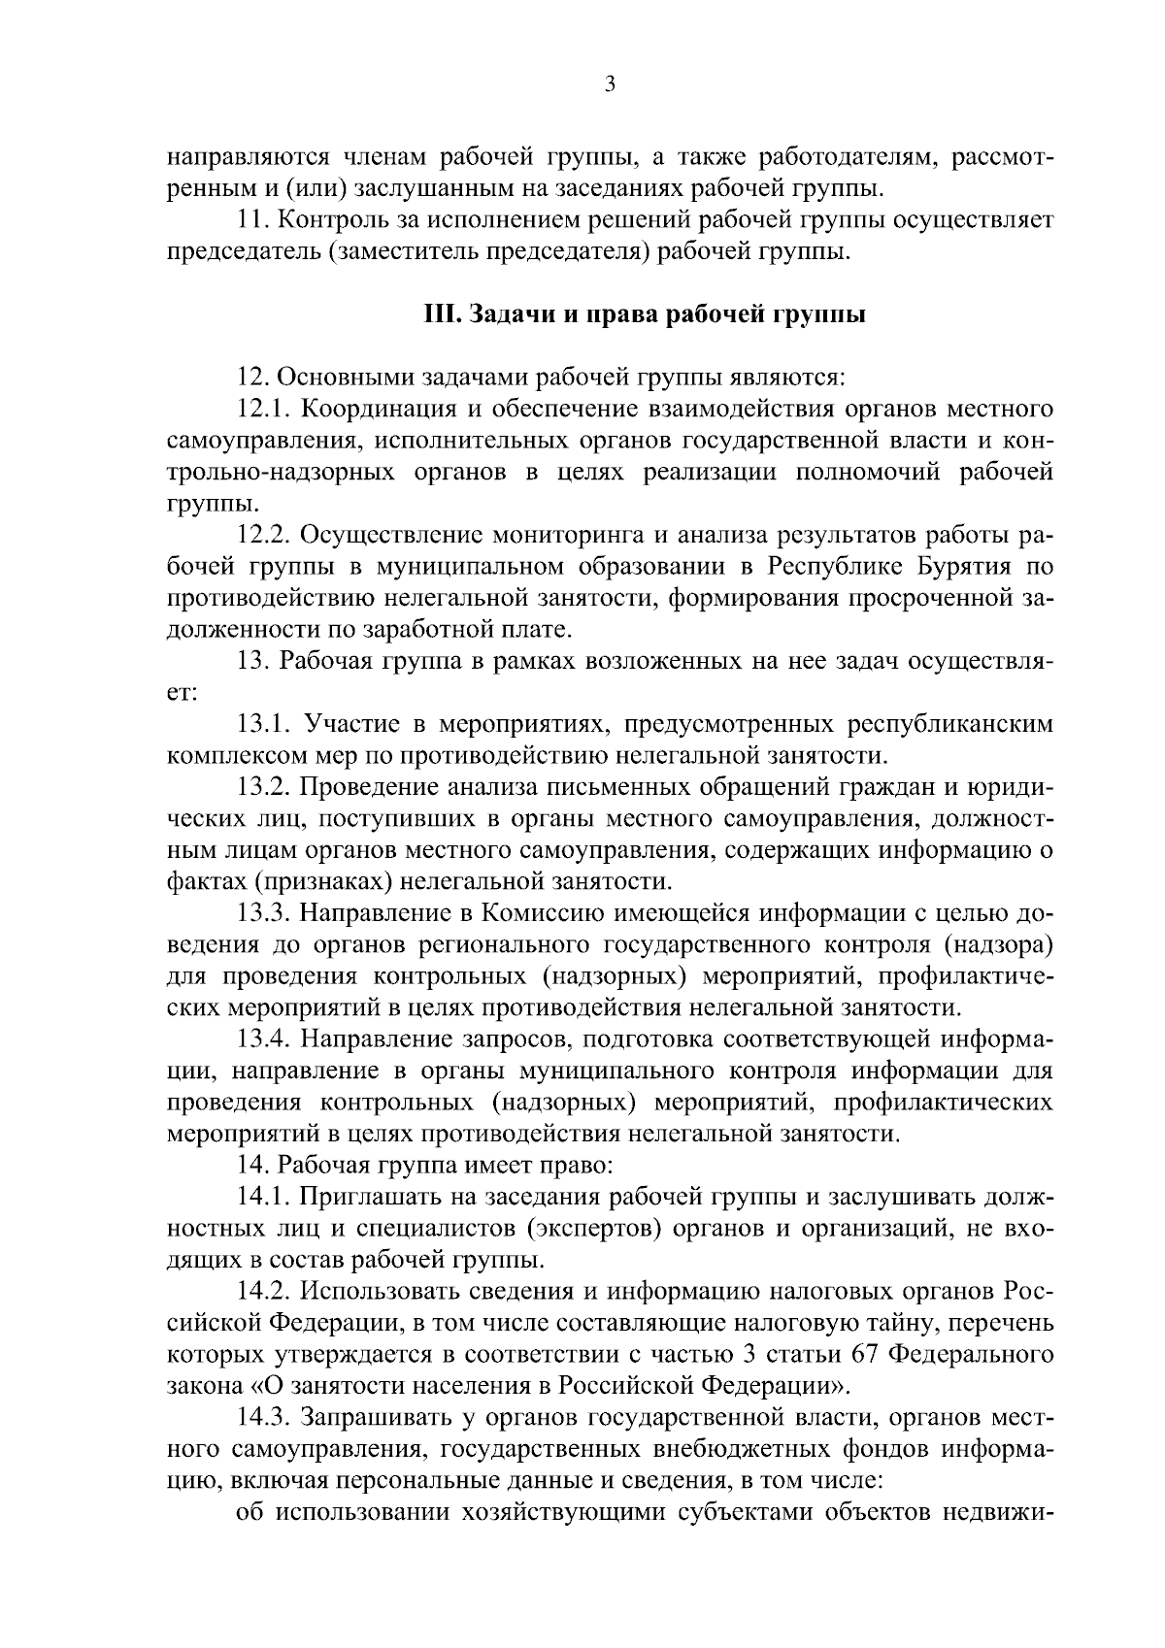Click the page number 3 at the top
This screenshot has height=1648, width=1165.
coord(610,84)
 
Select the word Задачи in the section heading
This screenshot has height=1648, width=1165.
coord(507,315)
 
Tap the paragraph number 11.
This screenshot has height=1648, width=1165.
coord(253,220)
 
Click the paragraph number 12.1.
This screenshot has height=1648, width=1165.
coord(263,410)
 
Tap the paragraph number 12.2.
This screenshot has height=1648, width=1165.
coord(265,536)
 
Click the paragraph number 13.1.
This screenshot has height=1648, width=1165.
coord(263,725)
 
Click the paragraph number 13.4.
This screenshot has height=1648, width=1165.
coord(265,1039)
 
